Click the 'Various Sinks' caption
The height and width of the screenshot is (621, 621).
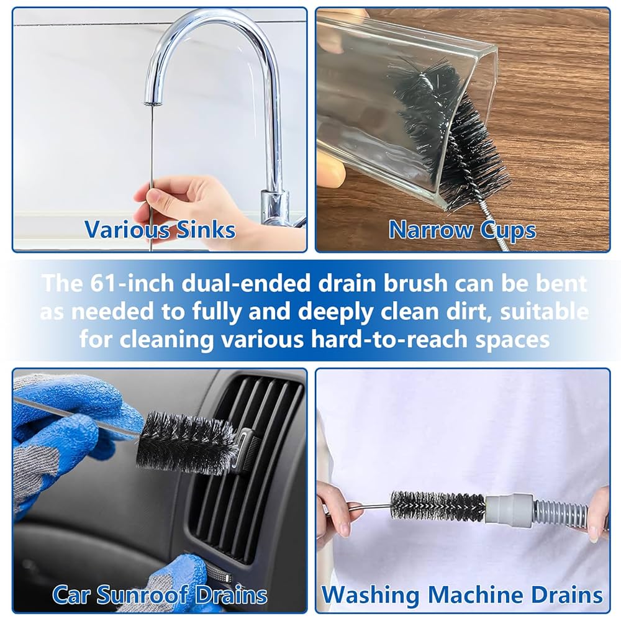tap(160, 229)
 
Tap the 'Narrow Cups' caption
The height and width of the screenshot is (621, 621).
tap(462, 230)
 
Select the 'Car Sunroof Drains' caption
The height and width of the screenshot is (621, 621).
tap(160, 594)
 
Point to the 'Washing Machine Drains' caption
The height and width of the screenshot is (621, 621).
tap(463, 594)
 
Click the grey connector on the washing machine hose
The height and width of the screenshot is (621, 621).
tap(509, 510)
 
